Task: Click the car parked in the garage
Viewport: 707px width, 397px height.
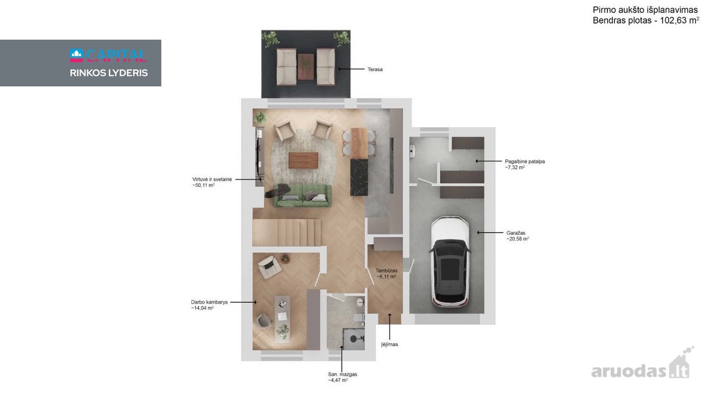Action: pos(450,262)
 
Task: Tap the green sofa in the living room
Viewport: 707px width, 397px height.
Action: pos(302,196)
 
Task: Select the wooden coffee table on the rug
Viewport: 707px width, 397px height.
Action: pos(303,161)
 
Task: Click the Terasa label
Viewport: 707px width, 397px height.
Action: pos(375,69)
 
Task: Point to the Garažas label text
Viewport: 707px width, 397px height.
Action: pos(516,233)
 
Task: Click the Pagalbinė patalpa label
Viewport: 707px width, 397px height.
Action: pos(524,161)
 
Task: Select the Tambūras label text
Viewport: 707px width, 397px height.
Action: pos(386,271)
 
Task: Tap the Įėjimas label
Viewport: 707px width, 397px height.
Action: pos(389,345)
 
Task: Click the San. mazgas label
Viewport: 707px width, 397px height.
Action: pos(342,374)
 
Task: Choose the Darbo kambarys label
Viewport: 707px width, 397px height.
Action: pos(209,302)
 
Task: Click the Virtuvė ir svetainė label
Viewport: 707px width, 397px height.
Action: pos(212,179)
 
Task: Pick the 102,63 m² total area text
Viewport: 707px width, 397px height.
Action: pos(679,21)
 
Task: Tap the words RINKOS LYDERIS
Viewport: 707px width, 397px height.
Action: pos(108,73)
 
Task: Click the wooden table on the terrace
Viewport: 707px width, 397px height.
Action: pos(306,66)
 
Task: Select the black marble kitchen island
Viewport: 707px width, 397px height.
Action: pos(359,177)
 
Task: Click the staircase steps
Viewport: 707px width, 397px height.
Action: pos(286,232)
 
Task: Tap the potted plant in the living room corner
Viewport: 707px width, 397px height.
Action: pos(260,118)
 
